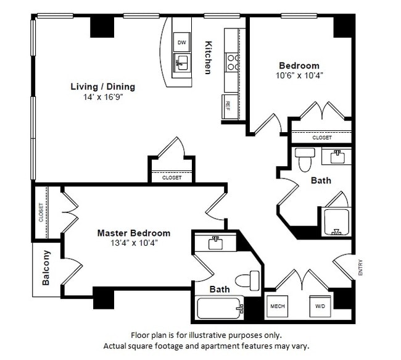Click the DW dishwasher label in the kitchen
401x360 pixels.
pyautogui.click(x=181, y=43)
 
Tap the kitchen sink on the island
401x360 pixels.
pyautogui.click(x=182, y=61)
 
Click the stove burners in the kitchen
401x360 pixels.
pyautogui.click(x=233, y=61)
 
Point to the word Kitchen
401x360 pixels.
pyautogui.click(x=209, y=57)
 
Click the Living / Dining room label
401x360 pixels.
pyautogui.click(x=102, y=86)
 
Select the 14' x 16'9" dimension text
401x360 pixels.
pyautogui.click(x=102, y=97)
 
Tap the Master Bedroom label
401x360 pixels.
pyautogui.click(x=134, y=233)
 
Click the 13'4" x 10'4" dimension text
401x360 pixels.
pyautogui.click(x=134, y=243)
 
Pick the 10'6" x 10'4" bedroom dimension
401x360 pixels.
pyautogui.click(x=299, y=75)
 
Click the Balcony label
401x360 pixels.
pyautogui.click(x=46, y=267)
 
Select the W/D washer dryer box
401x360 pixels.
pyautogui.click(x=321, y=306)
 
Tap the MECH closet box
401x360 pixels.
pyautogui.click(x=275, y=306)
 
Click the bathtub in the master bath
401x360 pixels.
pyautogui.click(x=219, y=308)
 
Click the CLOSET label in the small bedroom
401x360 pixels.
pyautogui.click(x=321, y=138)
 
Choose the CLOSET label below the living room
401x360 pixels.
pyautogui.click(x=172, y=177)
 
